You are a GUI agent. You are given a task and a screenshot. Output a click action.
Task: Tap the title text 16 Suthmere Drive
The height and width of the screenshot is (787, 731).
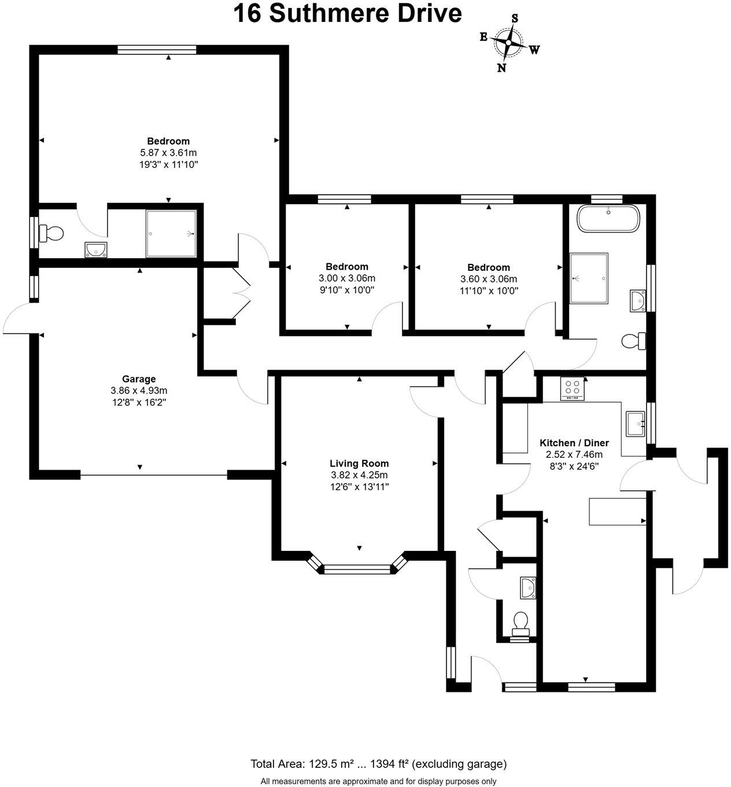point(347,13)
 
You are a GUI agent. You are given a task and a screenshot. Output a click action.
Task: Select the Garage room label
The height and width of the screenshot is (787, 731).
point(139,379)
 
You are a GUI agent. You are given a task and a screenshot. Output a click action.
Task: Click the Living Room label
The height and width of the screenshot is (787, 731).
point(359,463)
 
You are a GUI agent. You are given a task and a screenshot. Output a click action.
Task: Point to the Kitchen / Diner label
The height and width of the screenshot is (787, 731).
point(571,443)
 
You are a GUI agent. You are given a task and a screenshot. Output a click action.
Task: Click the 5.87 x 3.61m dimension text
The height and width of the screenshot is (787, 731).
point(168,153)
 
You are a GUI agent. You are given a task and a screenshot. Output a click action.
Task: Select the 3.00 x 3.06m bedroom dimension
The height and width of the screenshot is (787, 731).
point(347,278)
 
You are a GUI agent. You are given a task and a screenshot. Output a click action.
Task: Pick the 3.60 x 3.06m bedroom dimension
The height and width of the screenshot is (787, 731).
point(489,279)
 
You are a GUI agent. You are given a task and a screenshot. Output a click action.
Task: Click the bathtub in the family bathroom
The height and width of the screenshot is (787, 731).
point(608,219)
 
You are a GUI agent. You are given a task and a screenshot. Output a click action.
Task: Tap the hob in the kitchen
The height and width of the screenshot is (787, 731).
point(573,388)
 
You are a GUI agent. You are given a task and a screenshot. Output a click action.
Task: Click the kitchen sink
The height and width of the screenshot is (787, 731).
point(636,424)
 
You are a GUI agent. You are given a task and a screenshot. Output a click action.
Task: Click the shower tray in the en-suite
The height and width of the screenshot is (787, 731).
point(171,234)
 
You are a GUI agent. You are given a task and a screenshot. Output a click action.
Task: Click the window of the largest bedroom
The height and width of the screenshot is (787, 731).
point(156,50)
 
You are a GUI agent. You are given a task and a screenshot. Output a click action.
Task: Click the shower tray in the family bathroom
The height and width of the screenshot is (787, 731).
point(589,278)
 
